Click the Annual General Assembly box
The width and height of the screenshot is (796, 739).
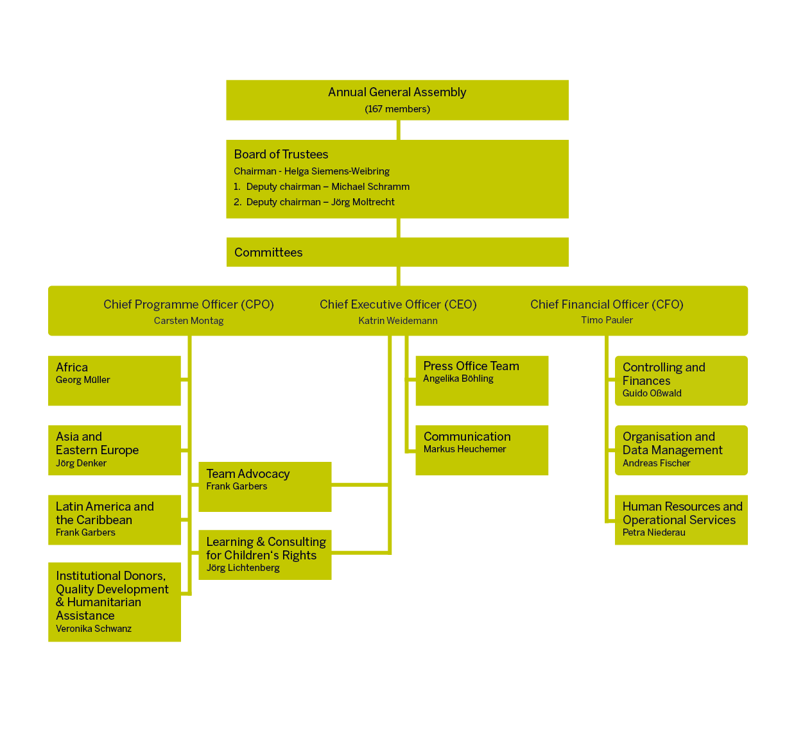[x=397, y=99]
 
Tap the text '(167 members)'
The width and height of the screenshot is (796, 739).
[x=397, y=109]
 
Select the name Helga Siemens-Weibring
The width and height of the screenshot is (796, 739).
[x=337, y=171]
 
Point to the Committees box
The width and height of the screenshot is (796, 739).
[x=397, y=252]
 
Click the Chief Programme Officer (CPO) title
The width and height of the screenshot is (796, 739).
[x=189, y=305]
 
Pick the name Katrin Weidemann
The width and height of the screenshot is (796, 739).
[x=398, y=321]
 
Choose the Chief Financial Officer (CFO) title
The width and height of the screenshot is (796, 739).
[x=607, y=305]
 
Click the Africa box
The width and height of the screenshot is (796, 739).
[x=114, y=380]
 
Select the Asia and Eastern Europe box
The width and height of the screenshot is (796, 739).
[x=114, y=450]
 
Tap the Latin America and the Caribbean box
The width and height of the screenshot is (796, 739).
[x=114, y=520]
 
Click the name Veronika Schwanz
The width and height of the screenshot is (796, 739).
[x=94, y=629]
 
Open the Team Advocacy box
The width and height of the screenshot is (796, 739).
[x=264, y=486]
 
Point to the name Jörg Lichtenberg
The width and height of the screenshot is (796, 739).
[x=243, y=568]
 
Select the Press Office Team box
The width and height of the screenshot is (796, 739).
[x=481, y=380]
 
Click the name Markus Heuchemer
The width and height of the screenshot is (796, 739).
[x=465, y=449]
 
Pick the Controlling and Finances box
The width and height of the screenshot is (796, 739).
[x=681, y=380]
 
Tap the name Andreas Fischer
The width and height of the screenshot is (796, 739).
[x=656, y=463]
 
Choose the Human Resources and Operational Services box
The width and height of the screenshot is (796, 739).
[x=681, y=520]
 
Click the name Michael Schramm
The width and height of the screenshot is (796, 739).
[x=370, y=187]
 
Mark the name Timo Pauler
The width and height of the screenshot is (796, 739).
[x=607, y=320]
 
